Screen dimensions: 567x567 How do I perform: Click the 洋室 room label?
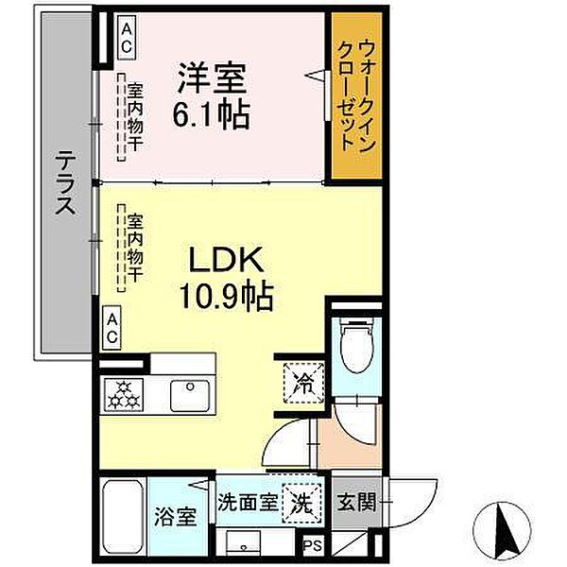[x=211, y=75]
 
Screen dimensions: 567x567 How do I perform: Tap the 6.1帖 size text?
[x=211, y=115]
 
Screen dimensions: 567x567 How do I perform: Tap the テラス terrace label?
[x=64, y=185]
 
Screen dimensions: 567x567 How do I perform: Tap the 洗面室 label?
[x=249, y=502]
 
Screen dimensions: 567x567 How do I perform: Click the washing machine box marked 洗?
[x=300, y=503]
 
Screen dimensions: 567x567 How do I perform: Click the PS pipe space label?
[x=311, y=545]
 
